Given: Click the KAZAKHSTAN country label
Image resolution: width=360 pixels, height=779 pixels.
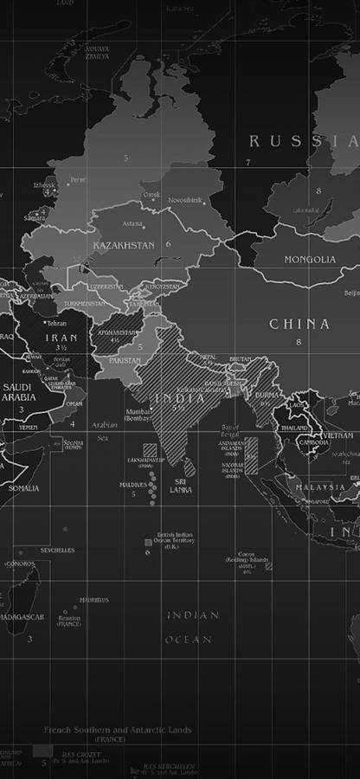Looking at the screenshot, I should pos(124,245).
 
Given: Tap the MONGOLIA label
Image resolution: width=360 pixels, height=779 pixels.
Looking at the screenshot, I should pos(310,259).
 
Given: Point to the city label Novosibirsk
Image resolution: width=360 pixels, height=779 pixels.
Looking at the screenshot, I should pos(184,200).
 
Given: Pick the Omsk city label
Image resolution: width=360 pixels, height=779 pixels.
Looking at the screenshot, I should pos(151,195).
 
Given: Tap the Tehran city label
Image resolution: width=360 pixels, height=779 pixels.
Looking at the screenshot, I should pos(56,323).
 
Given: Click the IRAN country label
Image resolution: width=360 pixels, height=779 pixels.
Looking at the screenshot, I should pos(61,338).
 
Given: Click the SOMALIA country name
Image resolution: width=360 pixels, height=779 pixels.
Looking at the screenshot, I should pos(23,488).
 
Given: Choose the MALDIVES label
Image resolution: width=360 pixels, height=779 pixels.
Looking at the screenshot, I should pos(133,485).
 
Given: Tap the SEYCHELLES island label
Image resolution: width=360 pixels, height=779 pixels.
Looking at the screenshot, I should pos(58,550).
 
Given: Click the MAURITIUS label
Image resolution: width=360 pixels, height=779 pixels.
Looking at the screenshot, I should pos(93,600).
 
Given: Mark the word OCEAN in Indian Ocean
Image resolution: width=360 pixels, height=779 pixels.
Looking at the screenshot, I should pos(188,640).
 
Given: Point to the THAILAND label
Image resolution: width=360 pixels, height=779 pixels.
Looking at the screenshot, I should pos(295,428).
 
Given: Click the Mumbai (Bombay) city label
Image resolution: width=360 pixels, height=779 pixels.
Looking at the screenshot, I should pos(138,415).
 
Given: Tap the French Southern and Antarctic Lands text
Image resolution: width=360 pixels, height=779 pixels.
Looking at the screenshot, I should pos(118,730).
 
